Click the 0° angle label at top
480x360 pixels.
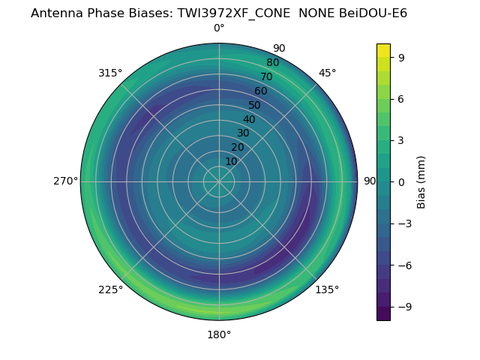pos(219,28)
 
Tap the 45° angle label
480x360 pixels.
pos(327,73)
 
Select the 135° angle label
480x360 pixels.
pos(327,289)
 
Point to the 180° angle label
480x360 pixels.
pos(219,334)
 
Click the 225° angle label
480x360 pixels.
pos(110,289)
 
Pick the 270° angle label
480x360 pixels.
pos(65,181)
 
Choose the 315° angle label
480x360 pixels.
pos(110,73)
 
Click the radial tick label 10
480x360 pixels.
pos(231,161)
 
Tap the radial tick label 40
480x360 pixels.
pos(249,119)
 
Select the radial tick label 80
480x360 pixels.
pos(272,63)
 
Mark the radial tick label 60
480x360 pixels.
pos(260,91)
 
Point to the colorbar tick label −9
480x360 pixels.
pos(404,307)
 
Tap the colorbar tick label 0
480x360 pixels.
pos(401,181)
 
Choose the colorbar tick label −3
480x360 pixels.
pos(404,223)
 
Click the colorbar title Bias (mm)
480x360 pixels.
pos(421,181)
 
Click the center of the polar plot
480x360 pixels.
pos(219,181)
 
